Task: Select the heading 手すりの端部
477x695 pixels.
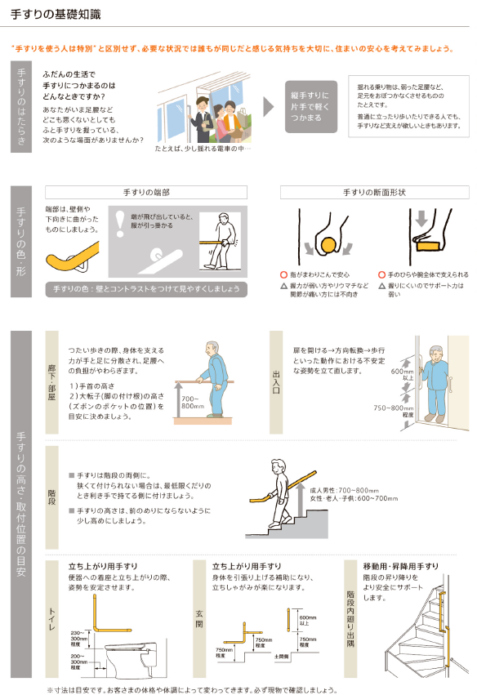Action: pos(146,192)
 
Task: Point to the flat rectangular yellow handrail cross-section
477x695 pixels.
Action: pos(428,243)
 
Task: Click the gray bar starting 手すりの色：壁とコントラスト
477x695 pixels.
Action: pos(147,289)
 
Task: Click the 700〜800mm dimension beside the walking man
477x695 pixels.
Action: pos(193,402)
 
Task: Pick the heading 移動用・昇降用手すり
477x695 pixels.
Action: pos(400,566)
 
